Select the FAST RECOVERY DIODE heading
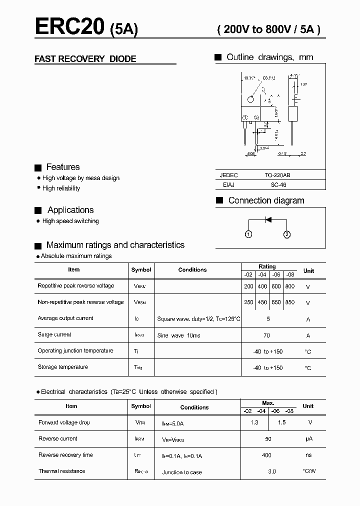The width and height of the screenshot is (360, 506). (x=85, y=59)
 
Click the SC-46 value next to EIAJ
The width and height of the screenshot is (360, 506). (x=278, y=185)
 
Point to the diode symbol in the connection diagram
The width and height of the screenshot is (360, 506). (x=268, y=219)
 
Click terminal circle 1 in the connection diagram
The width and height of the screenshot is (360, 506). (x=248, y=234)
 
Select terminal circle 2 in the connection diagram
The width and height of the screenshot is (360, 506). (x=287, y=234)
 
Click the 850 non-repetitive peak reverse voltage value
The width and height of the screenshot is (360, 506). (x=289, y=302)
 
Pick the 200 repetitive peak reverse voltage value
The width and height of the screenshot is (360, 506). (x=248, y=286)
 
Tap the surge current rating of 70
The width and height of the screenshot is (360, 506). (x=266, y=335)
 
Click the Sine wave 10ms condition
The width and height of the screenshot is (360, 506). (x=178, y=335)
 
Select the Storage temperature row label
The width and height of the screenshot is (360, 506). (x=62, y=367)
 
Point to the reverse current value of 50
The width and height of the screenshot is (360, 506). (x=268, y=439)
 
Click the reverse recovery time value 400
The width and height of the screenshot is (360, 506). (x=266, y=455)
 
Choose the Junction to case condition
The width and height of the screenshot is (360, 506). (x=182, y=472)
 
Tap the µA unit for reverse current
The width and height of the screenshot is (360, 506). (x=308, y=439)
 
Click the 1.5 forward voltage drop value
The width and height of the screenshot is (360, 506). (x=281, y=422)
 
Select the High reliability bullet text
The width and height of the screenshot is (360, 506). (x=61, y=188)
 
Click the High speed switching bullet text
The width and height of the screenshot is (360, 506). (x=70, y=221)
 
